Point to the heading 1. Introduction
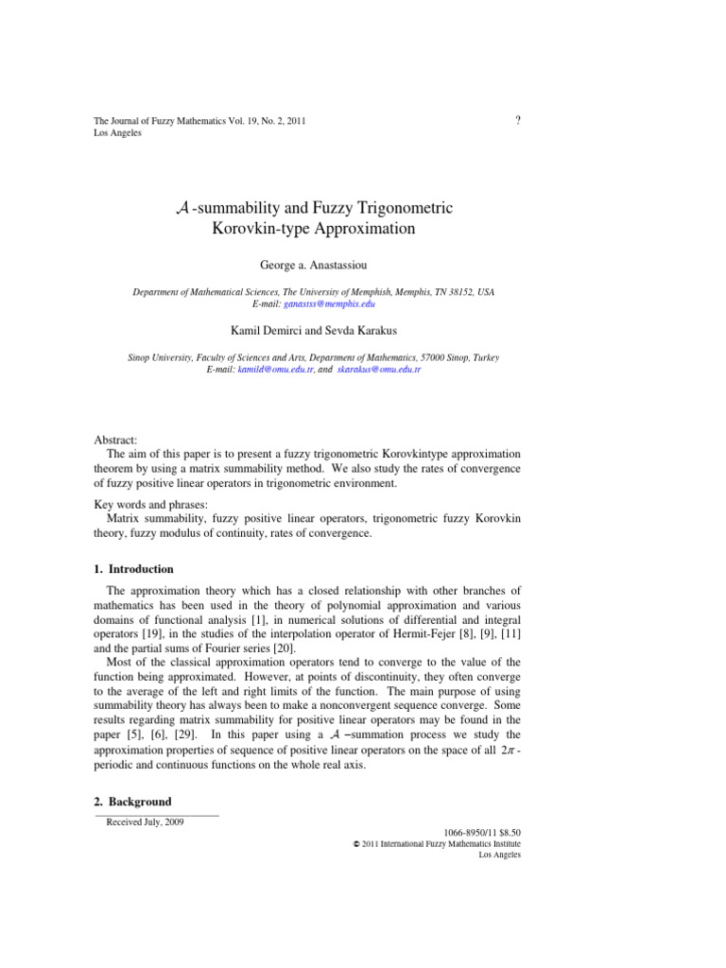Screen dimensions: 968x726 (x=133, y=569)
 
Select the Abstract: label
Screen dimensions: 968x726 (x=115, y=441)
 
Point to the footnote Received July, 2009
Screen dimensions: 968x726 (x=146, y=822)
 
